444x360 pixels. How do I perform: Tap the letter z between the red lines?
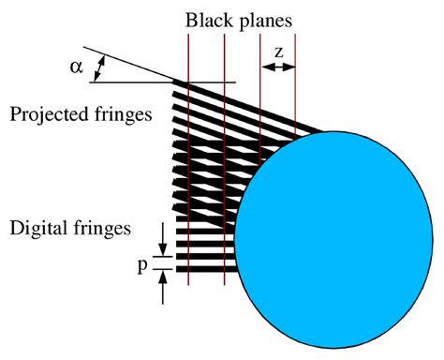(x=278, y=51)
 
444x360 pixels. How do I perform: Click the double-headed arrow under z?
(x=278, y=67)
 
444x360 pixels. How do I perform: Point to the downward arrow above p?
(x=164, y=234)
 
